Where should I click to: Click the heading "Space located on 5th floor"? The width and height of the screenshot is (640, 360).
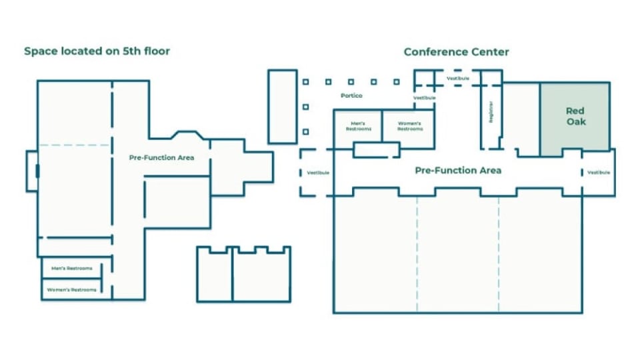pyautogui.click(x=97, y=51)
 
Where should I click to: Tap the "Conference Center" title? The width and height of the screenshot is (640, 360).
pyautogui.click(x=456, y=52)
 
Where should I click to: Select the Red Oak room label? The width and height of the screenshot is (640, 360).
pyautogui.click(x=575, y=116)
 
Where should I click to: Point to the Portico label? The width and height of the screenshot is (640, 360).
pyautogui.click(x=351, y=96)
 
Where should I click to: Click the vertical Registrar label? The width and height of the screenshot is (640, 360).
pyautogui.click(x=491, y=112)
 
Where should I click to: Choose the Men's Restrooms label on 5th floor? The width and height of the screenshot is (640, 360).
pyautogui.click(x=71, y=269)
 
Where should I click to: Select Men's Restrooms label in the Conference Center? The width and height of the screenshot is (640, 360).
pyautogui.click(x=357, y=126)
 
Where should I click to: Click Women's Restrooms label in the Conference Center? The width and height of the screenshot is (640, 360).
pyautogui.click(x=410, y=126)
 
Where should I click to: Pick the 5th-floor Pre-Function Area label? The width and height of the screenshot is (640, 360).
pyautogui.click(x=161, y=158)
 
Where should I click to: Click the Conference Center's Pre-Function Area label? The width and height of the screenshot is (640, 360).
pyautogui.click(x=458, y=171)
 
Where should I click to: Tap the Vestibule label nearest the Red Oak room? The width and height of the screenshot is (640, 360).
pyautogui.click(x=598, y=173)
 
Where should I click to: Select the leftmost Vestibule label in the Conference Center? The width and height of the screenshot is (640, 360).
pyautogui.click(x=318, y=173)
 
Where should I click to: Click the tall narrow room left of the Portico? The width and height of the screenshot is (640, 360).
pyautogui.click(x=282, y=106)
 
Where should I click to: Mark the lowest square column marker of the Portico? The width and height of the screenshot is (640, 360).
pyautogui.click(x=306, y=131)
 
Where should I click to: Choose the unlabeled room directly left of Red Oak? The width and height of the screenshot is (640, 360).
pyautogui.click(x=521, y=119)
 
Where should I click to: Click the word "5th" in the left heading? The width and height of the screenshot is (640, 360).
pyautogui.click(x=129, y=51)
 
